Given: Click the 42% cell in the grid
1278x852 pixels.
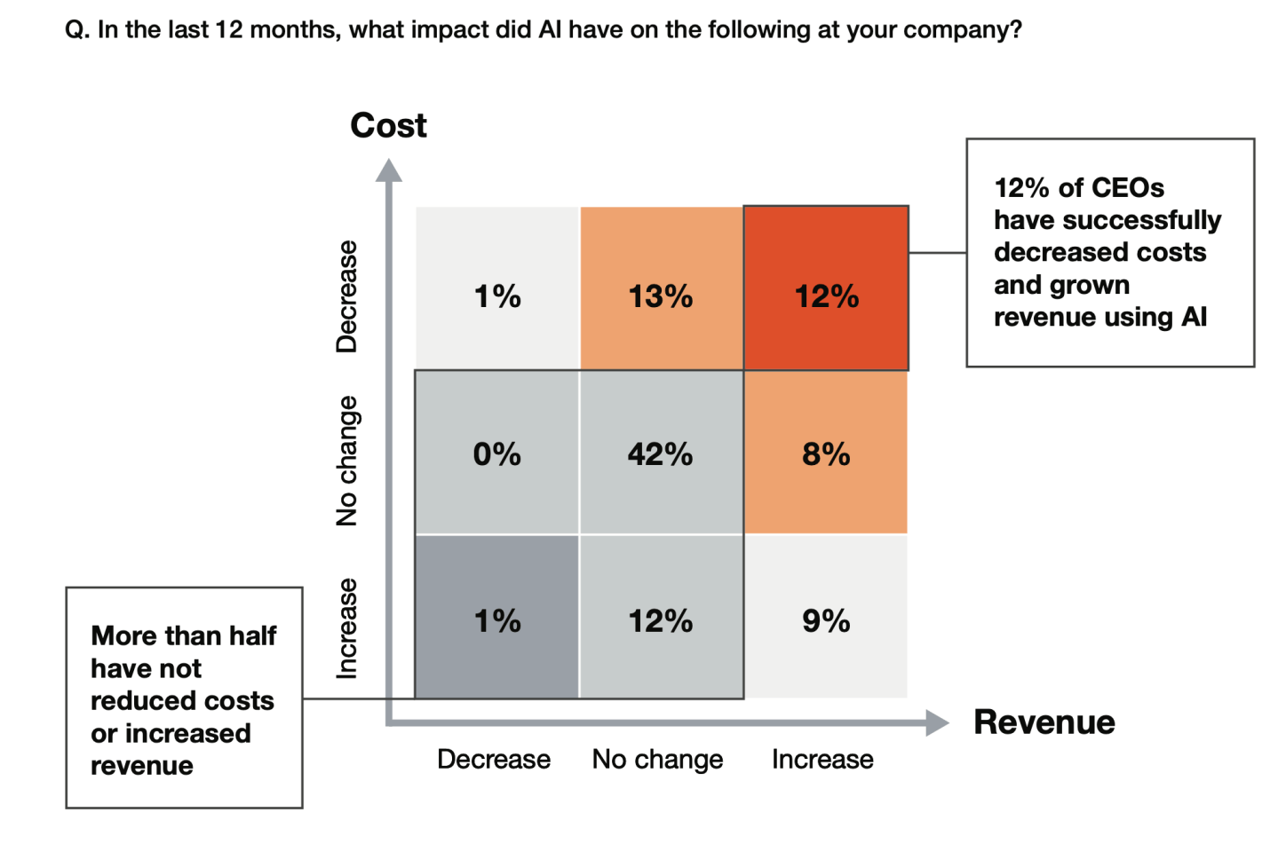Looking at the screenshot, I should point(660,454).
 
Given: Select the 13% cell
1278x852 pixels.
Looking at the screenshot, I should point(660,296).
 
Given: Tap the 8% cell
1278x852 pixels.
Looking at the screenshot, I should point(826,454).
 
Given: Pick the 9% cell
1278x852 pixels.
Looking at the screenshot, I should point(826,620).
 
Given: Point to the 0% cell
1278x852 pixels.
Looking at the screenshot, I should point(496,454).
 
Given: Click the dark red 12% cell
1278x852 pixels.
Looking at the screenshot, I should point(826,296).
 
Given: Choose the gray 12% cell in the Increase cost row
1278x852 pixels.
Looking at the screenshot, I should point(660,620).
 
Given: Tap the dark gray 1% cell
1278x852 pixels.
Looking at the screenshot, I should point(496,620).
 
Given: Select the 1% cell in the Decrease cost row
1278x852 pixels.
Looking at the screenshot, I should point(496,296).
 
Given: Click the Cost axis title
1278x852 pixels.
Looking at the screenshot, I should point(388,125).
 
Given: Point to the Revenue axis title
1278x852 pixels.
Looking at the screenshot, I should point(1044,722).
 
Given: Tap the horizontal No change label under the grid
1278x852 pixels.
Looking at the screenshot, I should point(657,760).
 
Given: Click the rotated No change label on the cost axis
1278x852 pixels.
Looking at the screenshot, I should point(346,461).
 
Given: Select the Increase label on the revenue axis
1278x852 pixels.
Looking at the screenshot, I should point(822,760).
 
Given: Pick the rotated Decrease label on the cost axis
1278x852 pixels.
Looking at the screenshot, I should point(346,296).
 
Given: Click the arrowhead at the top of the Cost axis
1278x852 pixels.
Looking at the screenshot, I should point(388,170).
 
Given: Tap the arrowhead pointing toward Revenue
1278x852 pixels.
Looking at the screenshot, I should point(937,723).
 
